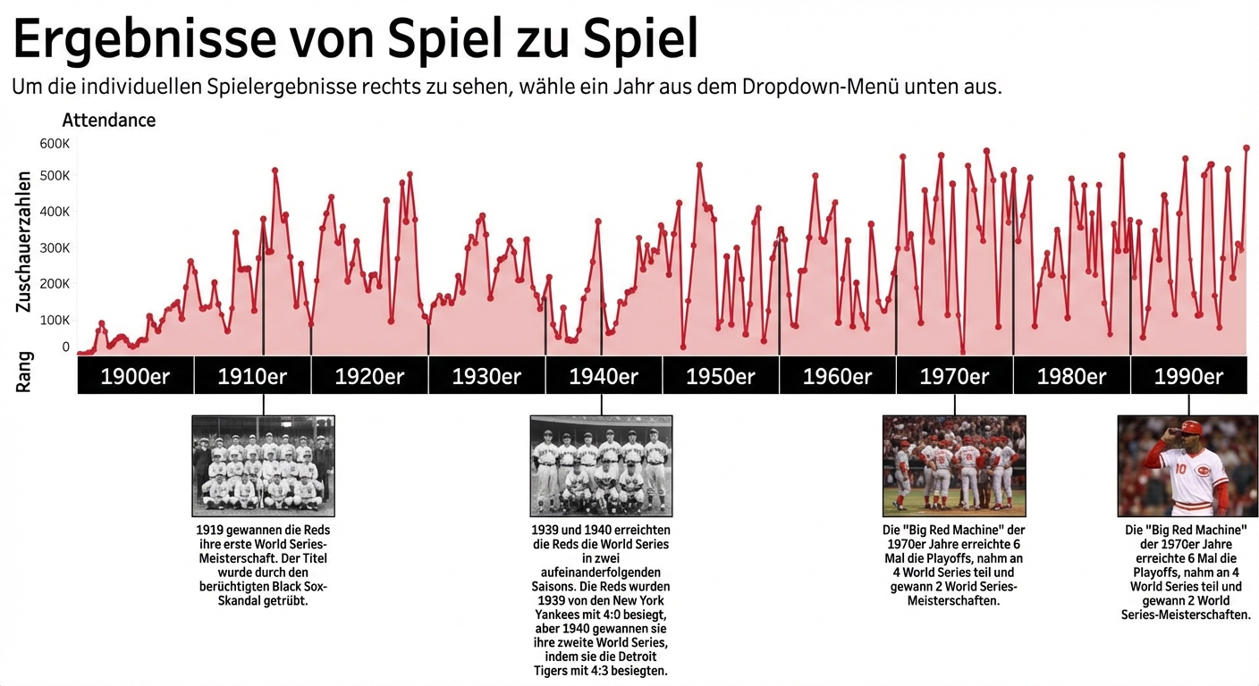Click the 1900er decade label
point(135,376)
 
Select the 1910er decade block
point(252,376)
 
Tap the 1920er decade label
point(369,376)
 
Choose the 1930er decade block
point(486,376)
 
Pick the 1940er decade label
point(604,376)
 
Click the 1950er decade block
point(721,376)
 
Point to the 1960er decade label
point(838,376)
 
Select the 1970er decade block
point(955,376)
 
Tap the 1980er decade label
point(1071,376)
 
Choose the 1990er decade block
point(1188,376)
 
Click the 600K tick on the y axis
point(55,144)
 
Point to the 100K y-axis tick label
point(55,320)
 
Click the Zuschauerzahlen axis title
point(24,241)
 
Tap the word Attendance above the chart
point(109,120)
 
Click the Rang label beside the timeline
point(24,372)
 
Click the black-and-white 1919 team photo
point(264,465)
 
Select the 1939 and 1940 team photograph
point(601,465)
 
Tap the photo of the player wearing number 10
point(1187,465)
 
